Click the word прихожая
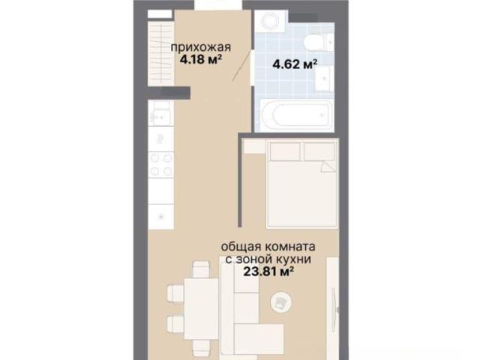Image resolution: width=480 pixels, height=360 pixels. tap(200, 48)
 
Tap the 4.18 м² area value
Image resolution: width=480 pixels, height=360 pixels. tap(201, 59)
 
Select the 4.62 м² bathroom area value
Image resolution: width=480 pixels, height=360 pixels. tap(295, 64)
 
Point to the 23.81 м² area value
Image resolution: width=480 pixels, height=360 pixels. tap(268, 271)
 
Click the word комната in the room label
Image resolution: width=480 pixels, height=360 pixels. tap(289, 247)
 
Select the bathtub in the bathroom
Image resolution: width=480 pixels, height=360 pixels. tap(297, 115)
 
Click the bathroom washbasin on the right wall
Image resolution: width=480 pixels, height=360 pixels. tap(324, 78)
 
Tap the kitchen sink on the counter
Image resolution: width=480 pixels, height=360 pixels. tap(160, 113)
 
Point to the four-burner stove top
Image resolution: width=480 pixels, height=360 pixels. tap(161, 165)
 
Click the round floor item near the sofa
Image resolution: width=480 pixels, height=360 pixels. tap(281, 302)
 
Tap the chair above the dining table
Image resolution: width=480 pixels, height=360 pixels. tap(202, 269)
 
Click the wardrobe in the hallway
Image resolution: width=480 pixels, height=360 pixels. tap(161, 52)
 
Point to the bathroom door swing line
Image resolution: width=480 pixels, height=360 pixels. tap(241, 66)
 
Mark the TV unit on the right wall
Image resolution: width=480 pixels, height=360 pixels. tap(332, 306)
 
